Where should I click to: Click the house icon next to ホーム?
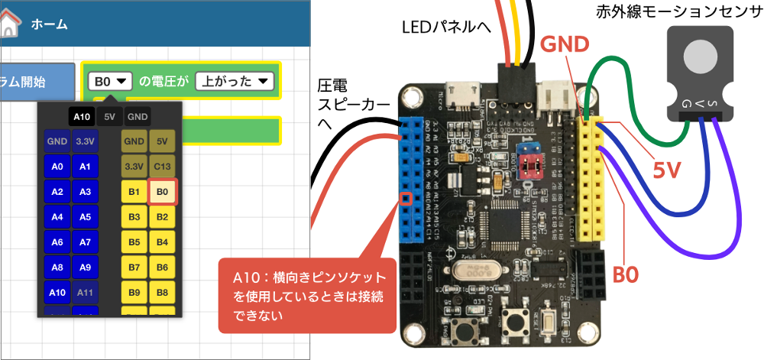(x=8, y=23)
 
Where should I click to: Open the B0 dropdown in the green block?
(x=110, y=80)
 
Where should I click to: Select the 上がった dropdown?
(x=234, y=80)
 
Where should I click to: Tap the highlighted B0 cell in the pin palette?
(x=162, y=192)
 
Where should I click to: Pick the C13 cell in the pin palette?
(x=162, y=166)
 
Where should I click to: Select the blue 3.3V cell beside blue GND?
(x=84, y=141)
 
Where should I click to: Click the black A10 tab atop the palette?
(x=82, y=116)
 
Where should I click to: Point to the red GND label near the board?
(x=565, y=45)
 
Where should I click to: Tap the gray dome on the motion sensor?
(x=700, y=57)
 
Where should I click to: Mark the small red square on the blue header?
(x=406, y=200)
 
